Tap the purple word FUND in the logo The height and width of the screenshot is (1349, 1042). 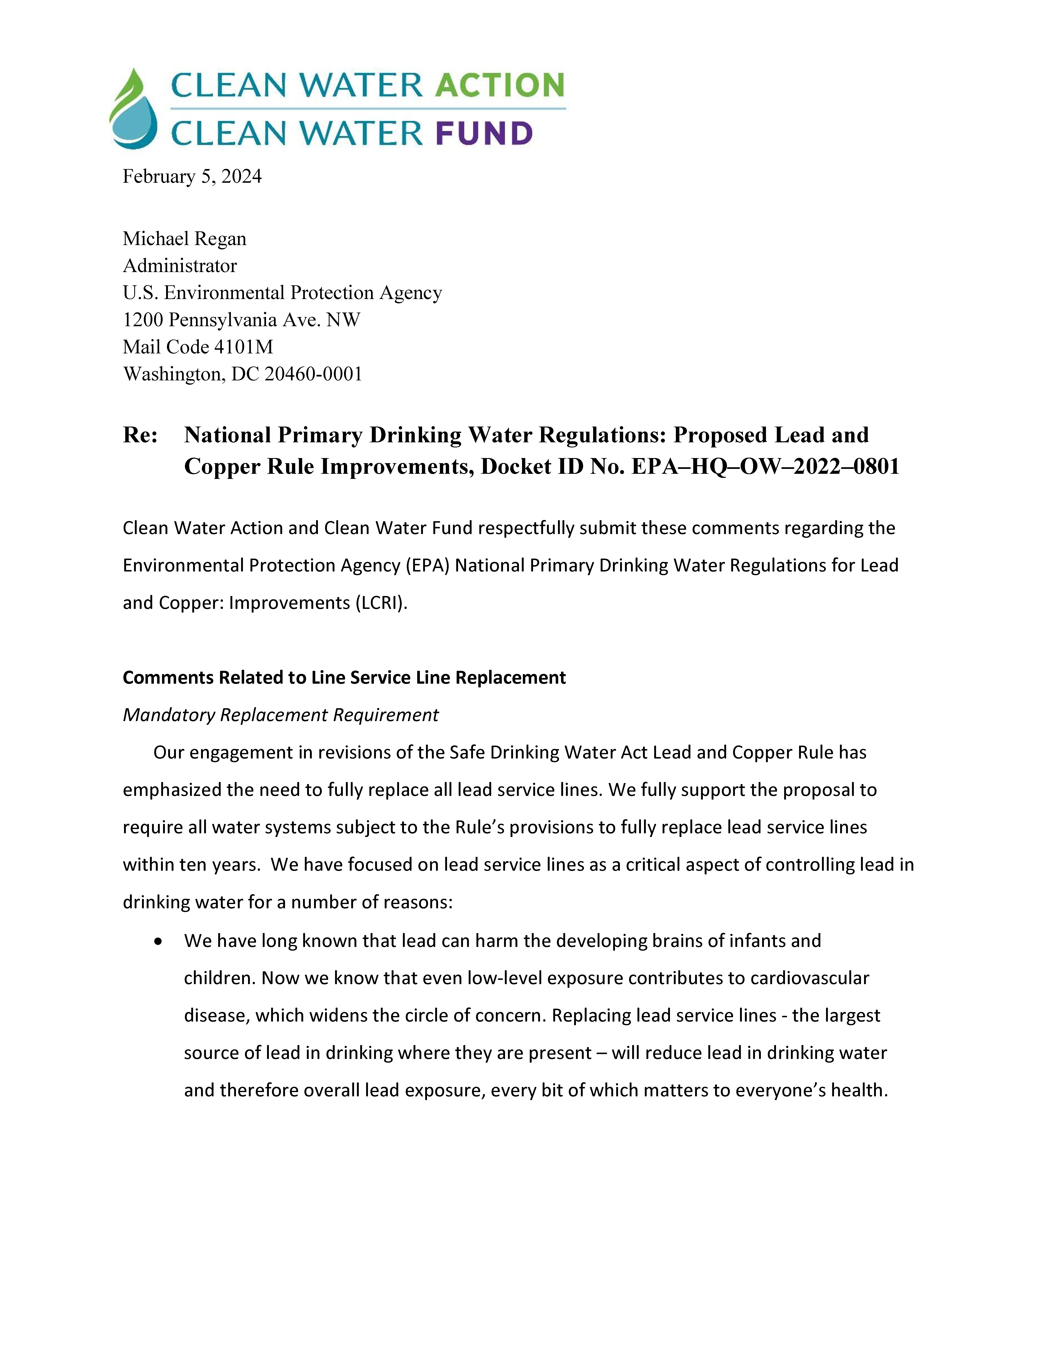484,133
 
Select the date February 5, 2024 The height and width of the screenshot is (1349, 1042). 192,177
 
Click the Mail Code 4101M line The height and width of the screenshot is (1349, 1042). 198,347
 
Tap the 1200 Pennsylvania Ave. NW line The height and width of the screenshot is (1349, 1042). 241,320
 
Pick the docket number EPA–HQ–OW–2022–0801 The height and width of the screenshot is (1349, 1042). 765,466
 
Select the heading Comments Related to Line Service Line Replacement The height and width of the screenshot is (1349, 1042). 344,678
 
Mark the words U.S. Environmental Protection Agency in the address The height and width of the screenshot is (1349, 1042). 282,293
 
